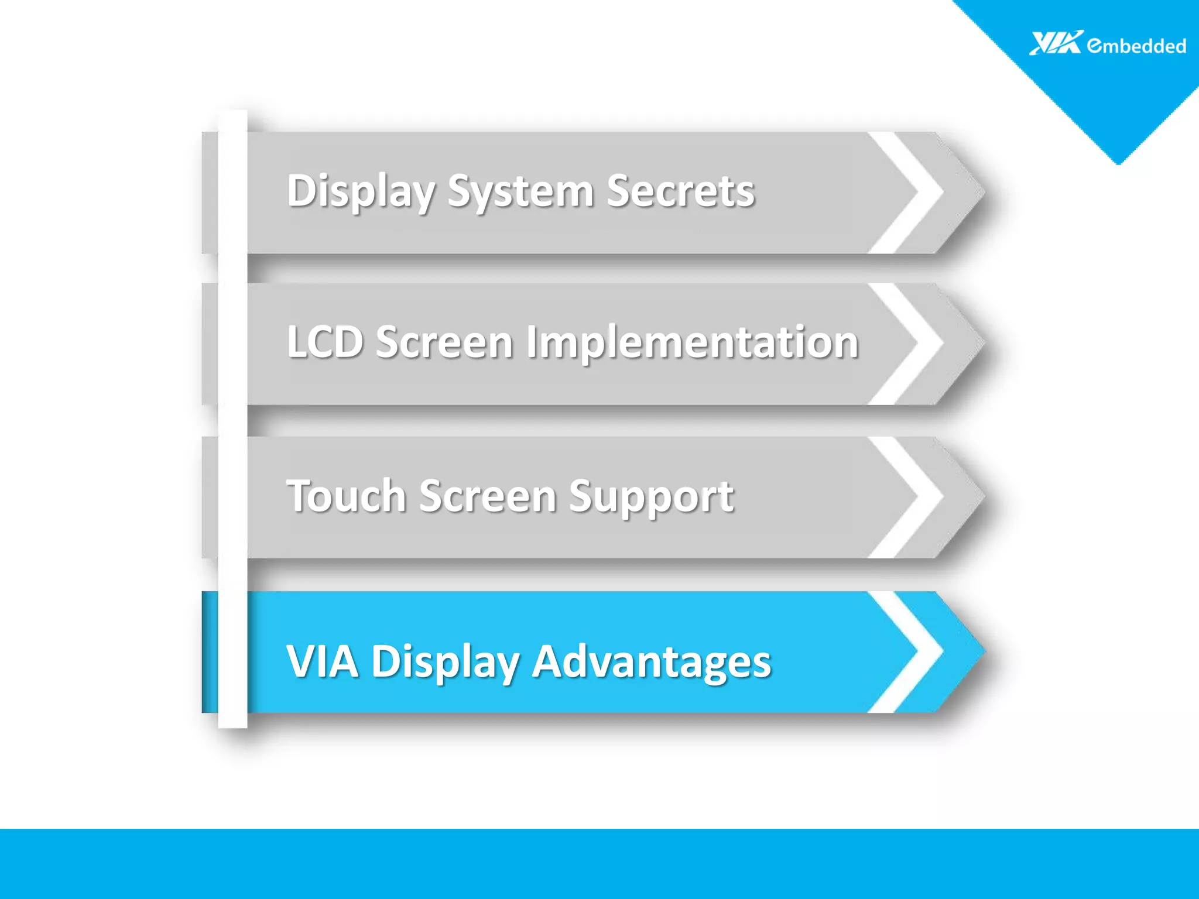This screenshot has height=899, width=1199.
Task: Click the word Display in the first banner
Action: [x=361, y=191]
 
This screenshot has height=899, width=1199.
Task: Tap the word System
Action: [x=520, y=191]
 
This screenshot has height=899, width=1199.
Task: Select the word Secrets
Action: [x=680, y=191]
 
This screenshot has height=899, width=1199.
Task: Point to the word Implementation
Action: [x=692, y=342]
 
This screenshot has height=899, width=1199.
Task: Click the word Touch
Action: [x=346, y=496]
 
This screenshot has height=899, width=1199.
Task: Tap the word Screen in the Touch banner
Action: [x=487, y=496]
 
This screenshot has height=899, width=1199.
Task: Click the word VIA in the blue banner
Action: [x=322, y=661]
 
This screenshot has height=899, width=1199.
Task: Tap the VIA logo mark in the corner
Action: [x=1056, y=43]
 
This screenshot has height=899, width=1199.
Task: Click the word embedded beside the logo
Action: [x=1136, y=46]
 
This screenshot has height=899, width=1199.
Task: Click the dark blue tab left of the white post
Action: [x=210, y=652]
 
